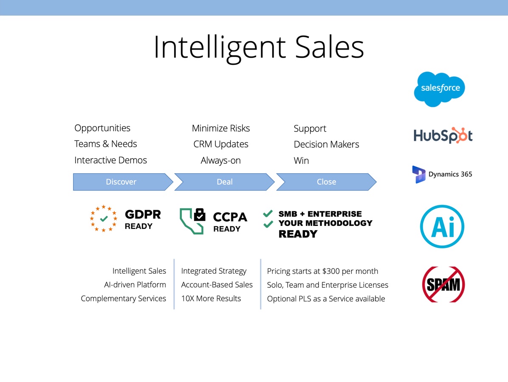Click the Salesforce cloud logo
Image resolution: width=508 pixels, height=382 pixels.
pos(440,89)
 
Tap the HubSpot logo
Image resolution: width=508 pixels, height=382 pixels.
pos(443,135)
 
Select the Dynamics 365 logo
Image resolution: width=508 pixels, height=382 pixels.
pos(442,174)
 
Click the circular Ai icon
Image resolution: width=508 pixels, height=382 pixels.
pos(442,226)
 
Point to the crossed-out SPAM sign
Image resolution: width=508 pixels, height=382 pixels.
pos(443,284)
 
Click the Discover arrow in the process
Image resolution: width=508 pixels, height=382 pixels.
pos(121,182)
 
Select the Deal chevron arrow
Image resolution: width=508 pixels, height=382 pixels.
pos(224,182)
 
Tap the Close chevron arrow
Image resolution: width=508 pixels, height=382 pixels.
pos(326,182)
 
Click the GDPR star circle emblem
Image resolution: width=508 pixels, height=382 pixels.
pos(104,219)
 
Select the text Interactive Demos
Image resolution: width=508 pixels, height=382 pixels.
pos(110,160)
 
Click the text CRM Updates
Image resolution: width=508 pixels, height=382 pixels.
pos(220,144)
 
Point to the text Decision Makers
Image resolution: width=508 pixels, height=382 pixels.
pos(326,144)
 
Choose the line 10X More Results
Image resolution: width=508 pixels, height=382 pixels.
pos(211,298)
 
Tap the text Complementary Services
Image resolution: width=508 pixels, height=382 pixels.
pos(123,298)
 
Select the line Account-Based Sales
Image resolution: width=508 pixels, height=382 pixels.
pos(217,285)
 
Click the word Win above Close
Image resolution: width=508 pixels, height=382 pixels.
pos(301,160)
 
